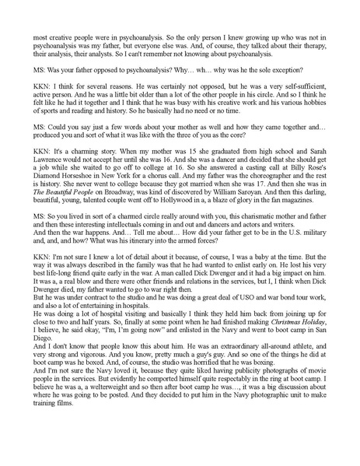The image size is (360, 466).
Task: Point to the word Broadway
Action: point(114,195)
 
